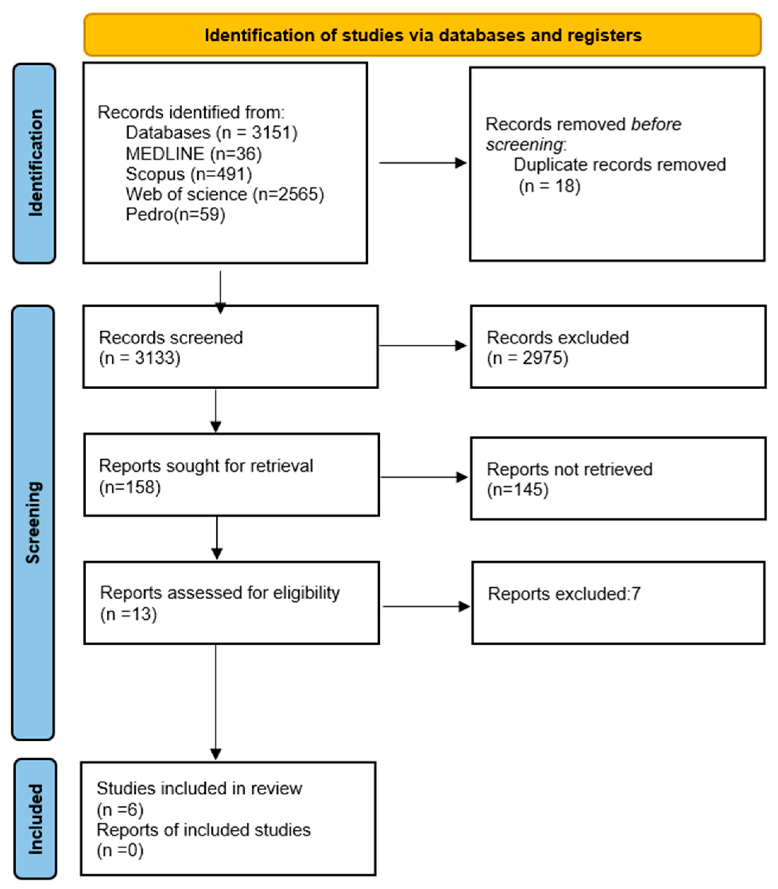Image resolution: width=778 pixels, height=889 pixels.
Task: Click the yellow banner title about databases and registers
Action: [422, 35]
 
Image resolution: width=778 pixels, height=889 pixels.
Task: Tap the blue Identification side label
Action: [35, 163]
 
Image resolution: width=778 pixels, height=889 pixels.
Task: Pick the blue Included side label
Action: [35, 819]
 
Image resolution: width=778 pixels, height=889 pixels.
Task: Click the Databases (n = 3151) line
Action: [211, 133]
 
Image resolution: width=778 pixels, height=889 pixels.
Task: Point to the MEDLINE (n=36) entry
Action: [194, 154]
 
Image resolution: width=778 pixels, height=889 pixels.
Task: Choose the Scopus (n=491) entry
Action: [188, 174]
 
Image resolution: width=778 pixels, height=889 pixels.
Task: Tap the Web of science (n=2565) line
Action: [224, 194]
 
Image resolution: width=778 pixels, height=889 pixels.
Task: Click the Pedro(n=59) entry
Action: [175, 214]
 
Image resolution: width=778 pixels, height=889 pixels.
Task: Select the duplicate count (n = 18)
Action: [549, 186]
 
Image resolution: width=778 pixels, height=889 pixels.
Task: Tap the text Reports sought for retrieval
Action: [206, 466]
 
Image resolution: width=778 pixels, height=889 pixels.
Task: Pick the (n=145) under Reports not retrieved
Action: [517, 490]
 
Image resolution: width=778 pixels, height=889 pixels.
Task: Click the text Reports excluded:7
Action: [563, 594]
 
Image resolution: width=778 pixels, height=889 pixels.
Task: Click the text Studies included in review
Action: [199, 788]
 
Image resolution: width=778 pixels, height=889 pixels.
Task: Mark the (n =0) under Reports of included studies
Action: [120, 851]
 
